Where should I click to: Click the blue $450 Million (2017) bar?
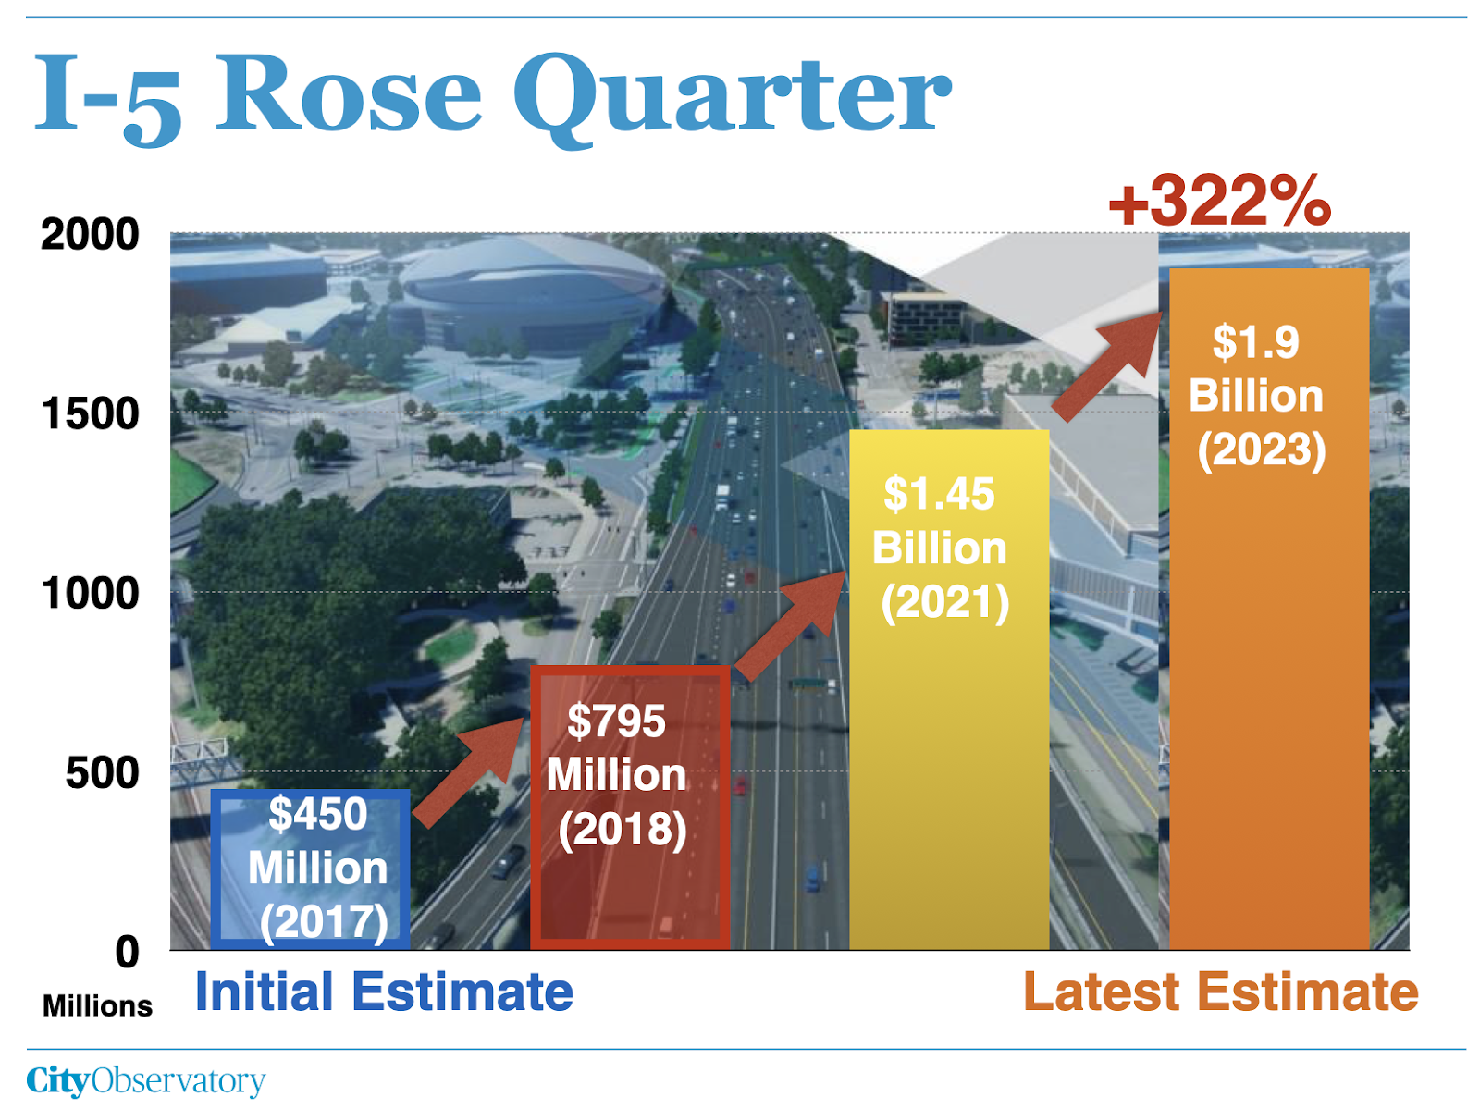pyautogui.click(x=310, y=869)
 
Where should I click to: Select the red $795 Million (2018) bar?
pyautogui.click(x=630, y=807)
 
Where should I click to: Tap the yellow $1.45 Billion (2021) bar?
pyautogui.click(x=949, y=689)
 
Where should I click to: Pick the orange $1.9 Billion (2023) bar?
pyautogui.click(x=1269, y=609)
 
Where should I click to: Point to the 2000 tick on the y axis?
pyautogui.click(x=90, y=235)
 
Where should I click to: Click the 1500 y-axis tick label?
pyautogui.click(x=90, y=413)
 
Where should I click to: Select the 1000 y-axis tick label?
pyautogui.click(x=90, y=593)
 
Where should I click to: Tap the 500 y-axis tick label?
pyautogui.click(x=102, y=772)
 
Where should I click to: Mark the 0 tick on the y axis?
pyautogui.click(x=128, y=952)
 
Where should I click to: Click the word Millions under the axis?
pyautogui.click(x=98, y=1005)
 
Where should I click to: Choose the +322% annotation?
pyautogui.click(x=1220, y=200)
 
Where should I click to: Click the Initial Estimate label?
pyautogui.click(x=384, y=992)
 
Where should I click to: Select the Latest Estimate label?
pyautogui.click(x=1221, y=992)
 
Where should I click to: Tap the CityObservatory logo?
pyautogui.click(x=146, y=1080)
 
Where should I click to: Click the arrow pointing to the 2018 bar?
pyautogui.click(x=469, y=772)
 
